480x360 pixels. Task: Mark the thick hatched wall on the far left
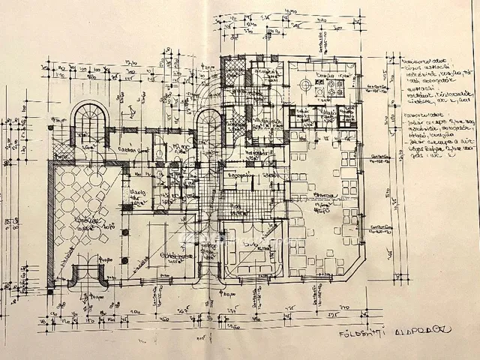51,225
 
